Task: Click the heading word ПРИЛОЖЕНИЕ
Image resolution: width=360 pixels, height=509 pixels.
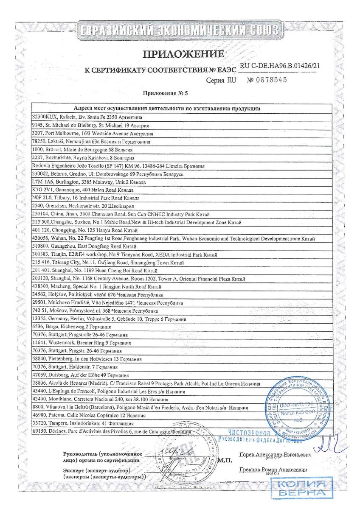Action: (x=183, y=54)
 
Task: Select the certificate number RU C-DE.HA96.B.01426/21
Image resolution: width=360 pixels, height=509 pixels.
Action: (x=280, y=66)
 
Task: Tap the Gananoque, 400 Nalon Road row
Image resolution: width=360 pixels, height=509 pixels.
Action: (x=85, y=190)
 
